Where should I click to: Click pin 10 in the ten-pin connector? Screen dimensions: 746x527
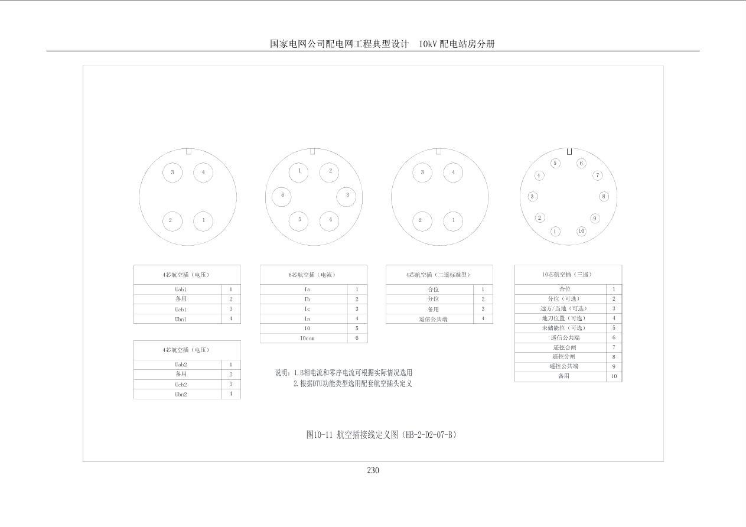(x=581, y=231)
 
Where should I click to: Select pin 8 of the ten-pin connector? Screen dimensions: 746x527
(x=604, y=197)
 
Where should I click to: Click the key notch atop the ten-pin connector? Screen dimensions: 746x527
(x=569, y=152)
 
